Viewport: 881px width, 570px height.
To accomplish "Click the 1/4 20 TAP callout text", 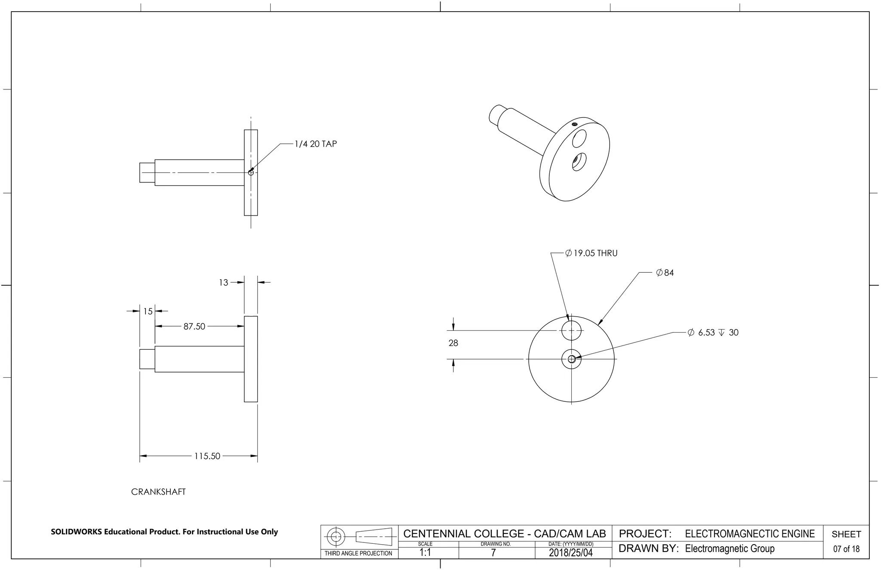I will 315,144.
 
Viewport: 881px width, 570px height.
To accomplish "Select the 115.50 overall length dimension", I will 207,456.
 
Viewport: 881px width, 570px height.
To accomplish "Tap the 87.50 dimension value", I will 194,327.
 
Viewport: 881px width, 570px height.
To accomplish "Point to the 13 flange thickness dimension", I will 223,283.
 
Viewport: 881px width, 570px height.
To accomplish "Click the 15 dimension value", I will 148,311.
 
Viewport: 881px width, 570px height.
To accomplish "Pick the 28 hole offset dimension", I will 453,343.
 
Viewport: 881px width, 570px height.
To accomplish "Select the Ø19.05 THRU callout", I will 591,253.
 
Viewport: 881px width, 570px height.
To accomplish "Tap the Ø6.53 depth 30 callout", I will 713,333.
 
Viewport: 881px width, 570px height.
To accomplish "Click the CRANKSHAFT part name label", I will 158,492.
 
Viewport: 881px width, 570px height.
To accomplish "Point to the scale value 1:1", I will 425,553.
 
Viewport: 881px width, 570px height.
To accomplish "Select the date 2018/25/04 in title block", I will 570,553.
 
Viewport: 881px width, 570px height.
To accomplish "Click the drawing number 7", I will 493,553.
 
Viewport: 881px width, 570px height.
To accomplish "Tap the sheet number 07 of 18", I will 846,549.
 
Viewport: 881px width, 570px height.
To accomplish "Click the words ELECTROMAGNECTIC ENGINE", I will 749,534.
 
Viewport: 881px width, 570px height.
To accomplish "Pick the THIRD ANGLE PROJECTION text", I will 358,553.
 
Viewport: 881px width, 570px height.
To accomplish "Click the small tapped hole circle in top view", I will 251,173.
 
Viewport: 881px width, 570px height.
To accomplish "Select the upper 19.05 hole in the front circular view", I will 571,331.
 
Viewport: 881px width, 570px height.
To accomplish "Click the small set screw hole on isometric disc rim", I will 574,124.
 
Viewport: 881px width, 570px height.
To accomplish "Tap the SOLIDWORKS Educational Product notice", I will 164,532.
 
